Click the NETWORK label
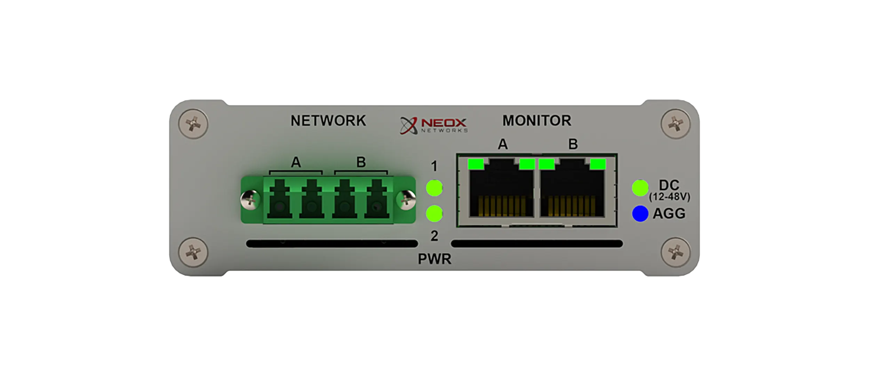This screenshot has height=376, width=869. coord(328,121)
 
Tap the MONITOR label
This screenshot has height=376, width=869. coord(536,121)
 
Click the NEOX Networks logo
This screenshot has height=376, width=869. coord(434,125)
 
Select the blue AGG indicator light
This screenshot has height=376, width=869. coord(640,213)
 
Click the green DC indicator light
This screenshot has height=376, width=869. coord(640,188)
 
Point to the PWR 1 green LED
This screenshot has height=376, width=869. coord(434,188)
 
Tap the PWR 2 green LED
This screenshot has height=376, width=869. coord(434,213)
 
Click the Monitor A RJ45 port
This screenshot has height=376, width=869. coord(501,191)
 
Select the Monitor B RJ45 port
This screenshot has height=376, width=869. coord(572,191)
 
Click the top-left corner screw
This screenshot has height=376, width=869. coord(193,124)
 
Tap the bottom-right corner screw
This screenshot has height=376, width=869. coord(675,252)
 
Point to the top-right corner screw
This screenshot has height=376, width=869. coord(675,124)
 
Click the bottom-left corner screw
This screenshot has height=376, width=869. coord(193,252)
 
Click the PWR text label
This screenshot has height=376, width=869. coord(434,259)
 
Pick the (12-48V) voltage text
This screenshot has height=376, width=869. coord(669,197)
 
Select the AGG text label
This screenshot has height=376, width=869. coord(669,213)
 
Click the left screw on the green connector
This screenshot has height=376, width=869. coord(250,200)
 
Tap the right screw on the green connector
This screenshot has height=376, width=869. coord(406,200)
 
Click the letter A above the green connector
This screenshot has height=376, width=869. coord(296,162)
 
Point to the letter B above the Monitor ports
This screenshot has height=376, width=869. coord(573,144)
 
